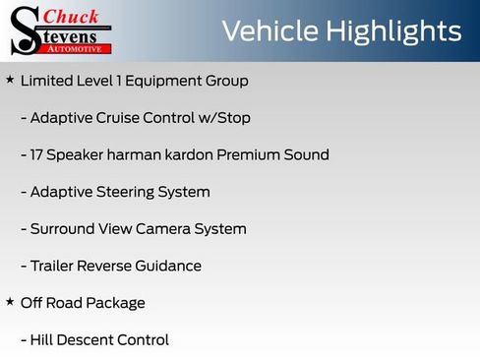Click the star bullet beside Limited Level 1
pyautogui.click(x=10, y=80)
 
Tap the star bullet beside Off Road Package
pyautogui.click(x=10, y=302)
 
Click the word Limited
pyautogui.click(x=47, y=81)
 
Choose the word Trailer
pyautogui.click(x=56, y=266)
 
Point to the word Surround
pyautogui.click(x=63, y=229)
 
